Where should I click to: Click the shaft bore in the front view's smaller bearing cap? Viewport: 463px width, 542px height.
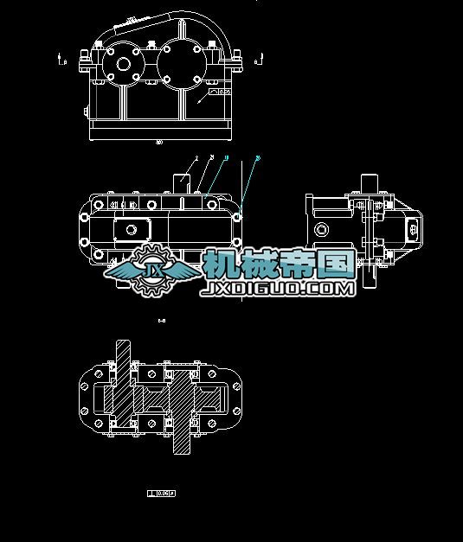[123, 63]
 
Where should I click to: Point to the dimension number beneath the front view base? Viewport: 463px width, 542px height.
[158, 143]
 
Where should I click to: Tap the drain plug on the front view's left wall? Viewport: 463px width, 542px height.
[87, 112]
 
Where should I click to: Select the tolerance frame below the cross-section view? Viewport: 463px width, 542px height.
[162, 494]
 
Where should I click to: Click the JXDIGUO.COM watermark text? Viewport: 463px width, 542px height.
[278, 289]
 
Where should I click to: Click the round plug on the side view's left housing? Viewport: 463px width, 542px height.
[321, 229]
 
